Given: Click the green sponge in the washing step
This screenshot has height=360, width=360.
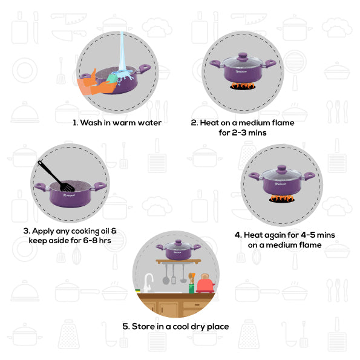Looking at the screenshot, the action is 113,78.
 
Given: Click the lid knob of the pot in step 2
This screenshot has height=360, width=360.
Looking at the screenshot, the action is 243,57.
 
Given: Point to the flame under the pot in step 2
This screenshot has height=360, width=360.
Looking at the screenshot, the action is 243,86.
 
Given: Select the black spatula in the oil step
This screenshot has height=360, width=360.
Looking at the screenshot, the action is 56,176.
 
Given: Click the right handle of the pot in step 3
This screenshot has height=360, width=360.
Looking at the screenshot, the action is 99,186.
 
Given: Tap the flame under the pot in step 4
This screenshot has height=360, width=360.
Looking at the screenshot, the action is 281,198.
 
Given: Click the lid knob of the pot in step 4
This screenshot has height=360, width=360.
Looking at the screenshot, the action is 281,169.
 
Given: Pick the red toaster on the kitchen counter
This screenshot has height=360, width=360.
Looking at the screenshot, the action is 205,284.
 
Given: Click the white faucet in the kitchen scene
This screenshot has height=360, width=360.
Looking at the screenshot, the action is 148,283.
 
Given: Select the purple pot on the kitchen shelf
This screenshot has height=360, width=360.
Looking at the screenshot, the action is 178,250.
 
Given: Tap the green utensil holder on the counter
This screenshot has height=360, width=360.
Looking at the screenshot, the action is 191,289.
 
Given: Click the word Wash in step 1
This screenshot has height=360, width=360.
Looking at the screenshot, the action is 91,123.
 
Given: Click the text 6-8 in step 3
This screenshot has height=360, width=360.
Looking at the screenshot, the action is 90,241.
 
